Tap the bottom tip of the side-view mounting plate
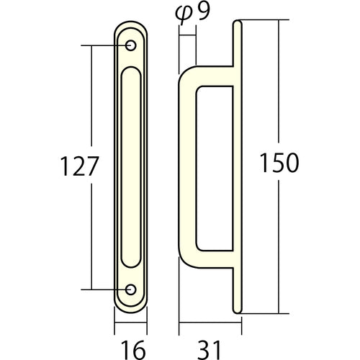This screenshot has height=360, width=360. point(238,310)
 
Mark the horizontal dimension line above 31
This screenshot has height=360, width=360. point(210,322)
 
